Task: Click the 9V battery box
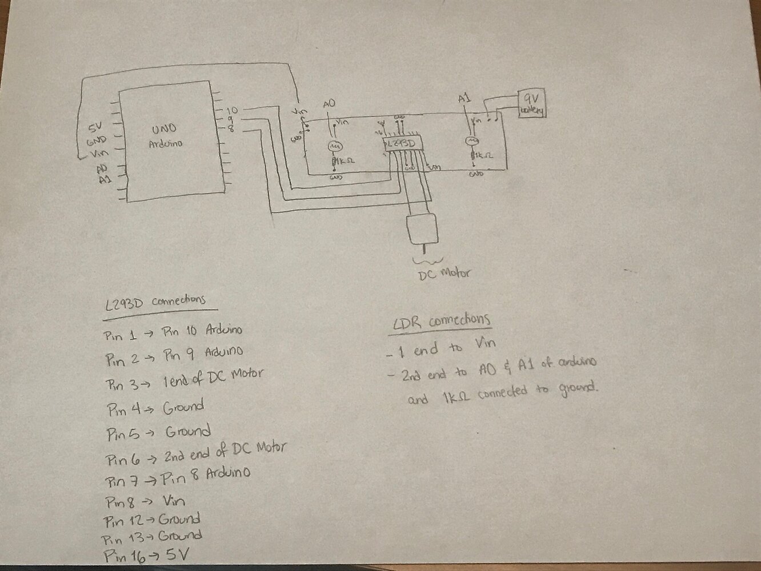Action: (531, 103)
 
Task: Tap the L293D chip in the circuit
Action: (402, 144)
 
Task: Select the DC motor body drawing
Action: (423, 228)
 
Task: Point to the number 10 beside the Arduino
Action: (233, 110)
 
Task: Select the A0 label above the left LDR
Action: (329, 103)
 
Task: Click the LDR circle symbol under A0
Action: (333, 146)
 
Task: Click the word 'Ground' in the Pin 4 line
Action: (183, 408)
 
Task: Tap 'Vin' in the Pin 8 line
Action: (174, 501)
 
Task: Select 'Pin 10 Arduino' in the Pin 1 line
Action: (202, 331)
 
